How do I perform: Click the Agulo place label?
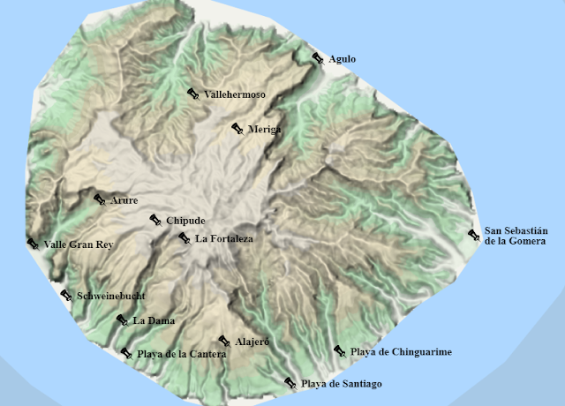(342, 59)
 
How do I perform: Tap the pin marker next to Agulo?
(319, 58)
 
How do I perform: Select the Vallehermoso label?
(234, 94)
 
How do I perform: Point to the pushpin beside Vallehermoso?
(193, 94)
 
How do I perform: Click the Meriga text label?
(264, 130)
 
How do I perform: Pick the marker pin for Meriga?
(237, 129)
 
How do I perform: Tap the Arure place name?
(124, 200)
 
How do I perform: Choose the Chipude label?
(185, 221)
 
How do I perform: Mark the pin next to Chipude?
(155, 220)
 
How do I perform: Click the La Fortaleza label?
(224, 238)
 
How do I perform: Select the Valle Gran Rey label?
(79, 244)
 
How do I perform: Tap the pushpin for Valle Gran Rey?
(33, 244)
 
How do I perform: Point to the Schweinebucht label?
(110, 296)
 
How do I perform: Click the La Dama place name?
(154, 320)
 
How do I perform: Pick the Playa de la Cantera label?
(181, 354)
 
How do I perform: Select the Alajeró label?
(252, 342)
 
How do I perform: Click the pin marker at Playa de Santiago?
(290, 383)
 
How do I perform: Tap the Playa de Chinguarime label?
(401, 352)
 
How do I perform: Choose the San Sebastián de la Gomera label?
(516, 235)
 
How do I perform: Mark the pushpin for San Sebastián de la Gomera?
(474, 235)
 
